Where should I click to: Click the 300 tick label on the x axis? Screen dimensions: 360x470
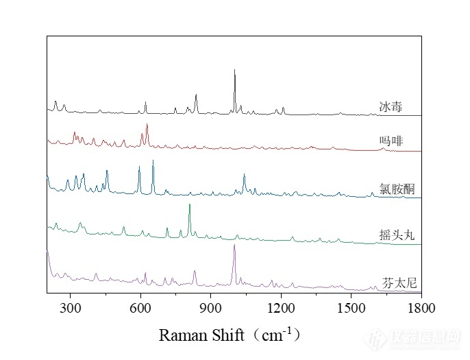click(x=71, y=310)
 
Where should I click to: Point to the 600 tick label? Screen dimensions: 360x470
click(x=140, y=310)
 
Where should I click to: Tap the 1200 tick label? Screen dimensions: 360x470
click(x=281, y=310)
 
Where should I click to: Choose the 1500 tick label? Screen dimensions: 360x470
click(x=351, y=310)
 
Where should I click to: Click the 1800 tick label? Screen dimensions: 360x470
click(x=421, y=310)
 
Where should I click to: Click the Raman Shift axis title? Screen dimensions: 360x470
click(x=230, y=335)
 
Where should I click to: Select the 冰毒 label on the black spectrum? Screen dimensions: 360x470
click(x=391, y=107)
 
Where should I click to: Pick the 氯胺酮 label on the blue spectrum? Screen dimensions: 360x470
click(x=395, y=189)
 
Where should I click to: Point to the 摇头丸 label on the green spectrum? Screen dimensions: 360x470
click(x=395, y=235)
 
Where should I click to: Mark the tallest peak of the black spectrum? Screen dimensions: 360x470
click(x=234, y=70)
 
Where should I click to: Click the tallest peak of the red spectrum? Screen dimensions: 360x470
click(x=147, y=125)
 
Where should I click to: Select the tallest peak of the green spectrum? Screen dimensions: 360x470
click(x=190, y=205)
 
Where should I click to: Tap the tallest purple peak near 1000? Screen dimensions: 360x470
click(x=234, y=245)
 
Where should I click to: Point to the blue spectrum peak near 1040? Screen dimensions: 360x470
click(x=244, y=176)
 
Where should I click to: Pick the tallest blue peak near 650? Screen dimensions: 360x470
click(x=153, y=160)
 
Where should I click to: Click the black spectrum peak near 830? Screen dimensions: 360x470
click(x=196, y=95)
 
